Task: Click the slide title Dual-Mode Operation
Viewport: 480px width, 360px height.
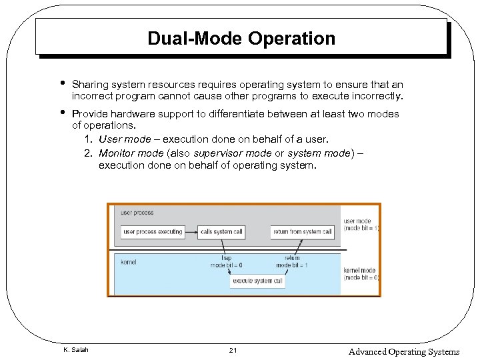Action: [x=241, y=39]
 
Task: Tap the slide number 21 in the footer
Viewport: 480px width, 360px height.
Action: [x=233, y=350]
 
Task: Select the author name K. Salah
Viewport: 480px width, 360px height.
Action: [x=75, y=350]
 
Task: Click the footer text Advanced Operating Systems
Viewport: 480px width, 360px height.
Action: [x=403, y=351]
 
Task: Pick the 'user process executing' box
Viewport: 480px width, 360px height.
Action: [x=153, y=232]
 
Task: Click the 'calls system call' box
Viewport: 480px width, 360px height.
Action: [x=221, y=232]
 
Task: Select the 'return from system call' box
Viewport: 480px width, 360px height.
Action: [x=302, y=232]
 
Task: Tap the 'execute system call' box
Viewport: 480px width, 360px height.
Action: [x=258, y=281]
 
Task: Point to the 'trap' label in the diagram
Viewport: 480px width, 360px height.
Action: [x=226, y=258]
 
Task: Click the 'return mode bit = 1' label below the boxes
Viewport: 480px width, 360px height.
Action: [x=292, y=262]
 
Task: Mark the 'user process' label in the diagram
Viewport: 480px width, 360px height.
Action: [x=137, y=213]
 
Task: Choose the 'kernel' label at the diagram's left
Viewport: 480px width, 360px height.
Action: [x=129, y=262]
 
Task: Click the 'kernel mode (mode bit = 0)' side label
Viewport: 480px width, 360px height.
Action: [x=361, y=273]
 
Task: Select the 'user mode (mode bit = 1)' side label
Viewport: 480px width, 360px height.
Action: [x=361, y=225]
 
